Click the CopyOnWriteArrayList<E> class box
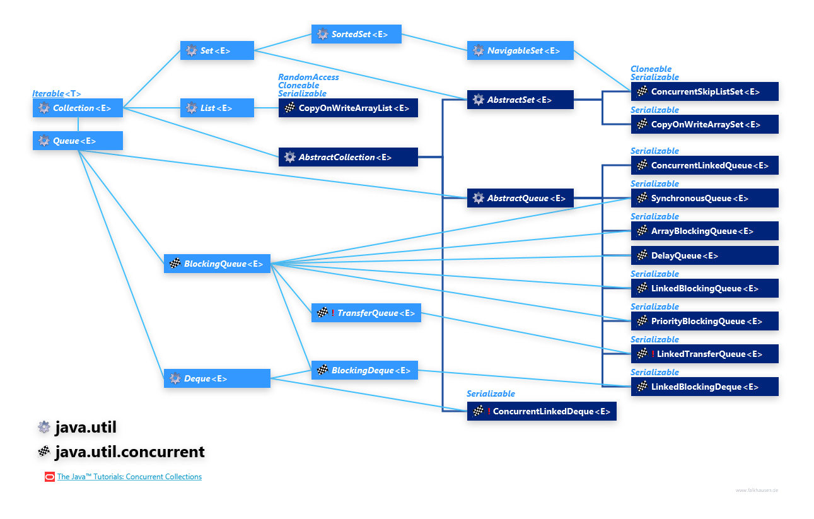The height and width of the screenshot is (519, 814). (348, 108)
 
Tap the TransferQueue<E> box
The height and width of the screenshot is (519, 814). (366, 313)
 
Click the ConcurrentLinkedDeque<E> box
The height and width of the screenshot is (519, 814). (542, 411)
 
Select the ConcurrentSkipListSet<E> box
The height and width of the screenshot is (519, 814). (704, 91)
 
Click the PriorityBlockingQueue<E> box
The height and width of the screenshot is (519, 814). (704, 321)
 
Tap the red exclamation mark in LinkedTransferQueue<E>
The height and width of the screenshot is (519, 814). (653, 354)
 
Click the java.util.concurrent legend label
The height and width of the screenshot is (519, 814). (129, 452)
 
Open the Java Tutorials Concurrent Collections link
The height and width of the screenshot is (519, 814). (129, 477)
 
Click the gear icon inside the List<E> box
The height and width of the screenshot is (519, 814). (191, 108)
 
